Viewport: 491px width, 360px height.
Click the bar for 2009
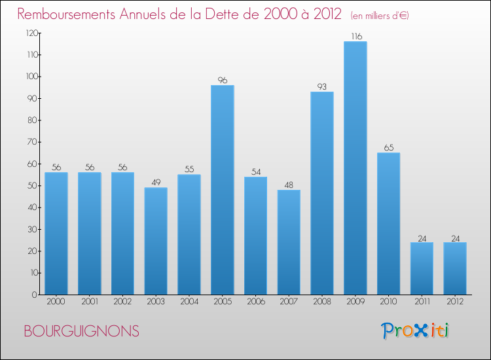coord(355,168)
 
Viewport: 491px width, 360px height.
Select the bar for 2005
coord(222,190)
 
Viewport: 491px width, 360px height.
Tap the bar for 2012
coord(454,268)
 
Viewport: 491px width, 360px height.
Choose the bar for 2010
coord(388,223)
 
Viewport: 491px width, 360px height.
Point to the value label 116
coord(355,37)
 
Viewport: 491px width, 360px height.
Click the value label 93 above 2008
coord(322,86)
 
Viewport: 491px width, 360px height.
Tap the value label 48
coord(289,185)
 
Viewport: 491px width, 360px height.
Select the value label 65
coord(388,147)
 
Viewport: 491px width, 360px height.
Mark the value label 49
coord(156,183)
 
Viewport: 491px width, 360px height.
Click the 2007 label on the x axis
coord(289,302)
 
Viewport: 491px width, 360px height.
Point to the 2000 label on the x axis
coord(56,302)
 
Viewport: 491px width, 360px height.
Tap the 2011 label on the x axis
coord(422,302)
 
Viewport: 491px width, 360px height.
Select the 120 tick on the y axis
coord(31,33)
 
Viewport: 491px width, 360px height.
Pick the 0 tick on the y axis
coord(35,295)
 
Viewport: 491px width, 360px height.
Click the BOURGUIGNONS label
coord(81,331)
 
